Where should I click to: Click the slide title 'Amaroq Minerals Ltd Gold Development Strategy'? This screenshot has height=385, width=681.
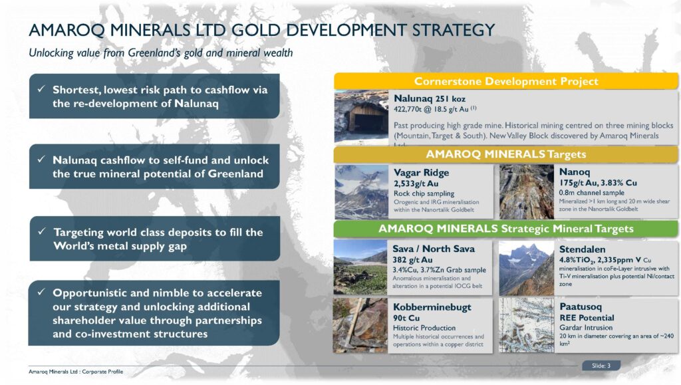coord(261,31)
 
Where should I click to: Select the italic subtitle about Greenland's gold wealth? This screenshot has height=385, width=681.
coord(160,53)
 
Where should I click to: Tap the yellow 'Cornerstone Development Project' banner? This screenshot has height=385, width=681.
coord(506,81)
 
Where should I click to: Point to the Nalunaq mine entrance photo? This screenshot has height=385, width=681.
coord(361,117)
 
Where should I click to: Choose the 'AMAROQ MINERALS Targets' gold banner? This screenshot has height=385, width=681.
coord(506,154)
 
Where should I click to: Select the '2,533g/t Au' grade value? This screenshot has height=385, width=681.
coord(417,183)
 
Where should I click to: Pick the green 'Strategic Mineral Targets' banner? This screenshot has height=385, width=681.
coord(506,229)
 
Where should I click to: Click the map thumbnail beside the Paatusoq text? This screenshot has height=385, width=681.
coord(526,324)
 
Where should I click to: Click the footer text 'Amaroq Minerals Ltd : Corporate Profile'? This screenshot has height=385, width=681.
coord(75,370)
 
